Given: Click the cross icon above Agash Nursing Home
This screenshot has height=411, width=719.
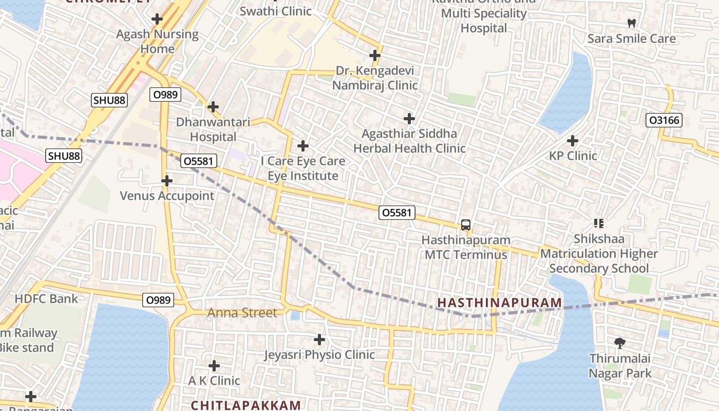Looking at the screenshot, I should click(157, 20).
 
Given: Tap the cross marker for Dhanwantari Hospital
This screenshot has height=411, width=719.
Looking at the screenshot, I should click(213, 107).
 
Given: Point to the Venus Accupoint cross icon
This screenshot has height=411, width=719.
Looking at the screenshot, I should click(167, 181).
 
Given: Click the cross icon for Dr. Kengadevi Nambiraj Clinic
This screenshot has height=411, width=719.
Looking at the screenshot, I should click(375, 55).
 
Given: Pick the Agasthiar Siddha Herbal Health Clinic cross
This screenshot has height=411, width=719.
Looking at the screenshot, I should click(409, 119).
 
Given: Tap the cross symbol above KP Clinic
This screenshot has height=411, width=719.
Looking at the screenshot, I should click(573, 141).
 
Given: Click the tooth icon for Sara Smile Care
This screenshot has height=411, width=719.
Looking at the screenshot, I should click(632, 24).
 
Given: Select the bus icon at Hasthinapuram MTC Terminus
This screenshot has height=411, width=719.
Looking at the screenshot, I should click(466, 225).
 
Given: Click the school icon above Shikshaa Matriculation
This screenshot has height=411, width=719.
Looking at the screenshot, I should click(598, 223).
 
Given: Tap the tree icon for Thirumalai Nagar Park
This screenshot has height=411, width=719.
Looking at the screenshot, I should click(620, 343).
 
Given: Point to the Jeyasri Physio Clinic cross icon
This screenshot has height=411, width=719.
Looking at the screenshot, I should click(319, 340).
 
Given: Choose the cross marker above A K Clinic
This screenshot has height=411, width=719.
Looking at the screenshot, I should click(214, 366).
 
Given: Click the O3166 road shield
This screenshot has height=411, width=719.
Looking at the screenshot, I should click(664, 120).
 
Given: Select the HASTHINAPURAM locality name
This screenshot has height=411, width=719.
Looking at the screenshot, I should click(499, 303).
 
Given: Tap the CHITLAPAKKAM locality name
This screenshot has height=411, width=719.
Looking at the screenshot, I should click(245, 405).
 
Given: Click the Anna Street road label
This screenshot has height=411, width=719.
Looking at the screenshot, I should click(242, 313).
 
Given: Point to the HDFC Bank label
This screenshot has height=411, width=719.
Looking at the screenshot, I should click(47, 299).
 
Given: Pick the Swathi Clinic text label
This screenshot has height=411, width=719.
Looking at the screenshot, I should click(276, 11).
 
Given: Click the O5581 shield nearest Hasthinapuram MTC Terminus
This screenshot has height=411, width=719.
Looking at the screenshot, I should click(397, 212).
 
